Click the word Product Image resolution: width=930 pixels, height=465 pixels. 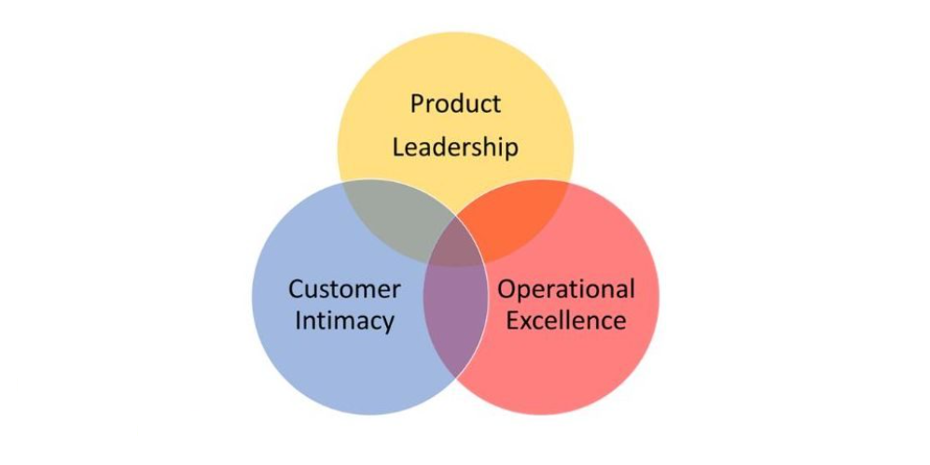click(x=455, y=104)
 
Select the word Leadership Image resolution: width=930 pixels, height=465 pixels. click(x=455, y=148)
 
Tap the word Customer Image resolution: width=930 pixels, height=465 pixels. click(x=344, y=289)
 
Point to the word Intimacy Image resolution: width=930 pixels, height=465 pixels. click(x=344, y=321)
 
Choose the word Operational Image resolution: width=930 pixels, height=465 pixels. click(x=565, y=289)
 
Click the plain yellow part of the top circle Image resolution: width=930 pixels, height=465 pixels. click(x=455, y=65)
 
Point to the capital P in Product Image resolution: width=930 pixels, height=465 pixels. click(x=417, y=103)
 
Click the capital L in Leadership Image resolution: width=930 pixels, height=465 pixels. click(x=397, y=148)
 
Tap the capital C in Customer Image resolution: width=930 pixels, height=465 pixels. click(x=296, y=289)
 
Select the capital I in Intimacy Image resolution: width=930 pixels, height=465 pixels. click(x=298, y=321)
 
